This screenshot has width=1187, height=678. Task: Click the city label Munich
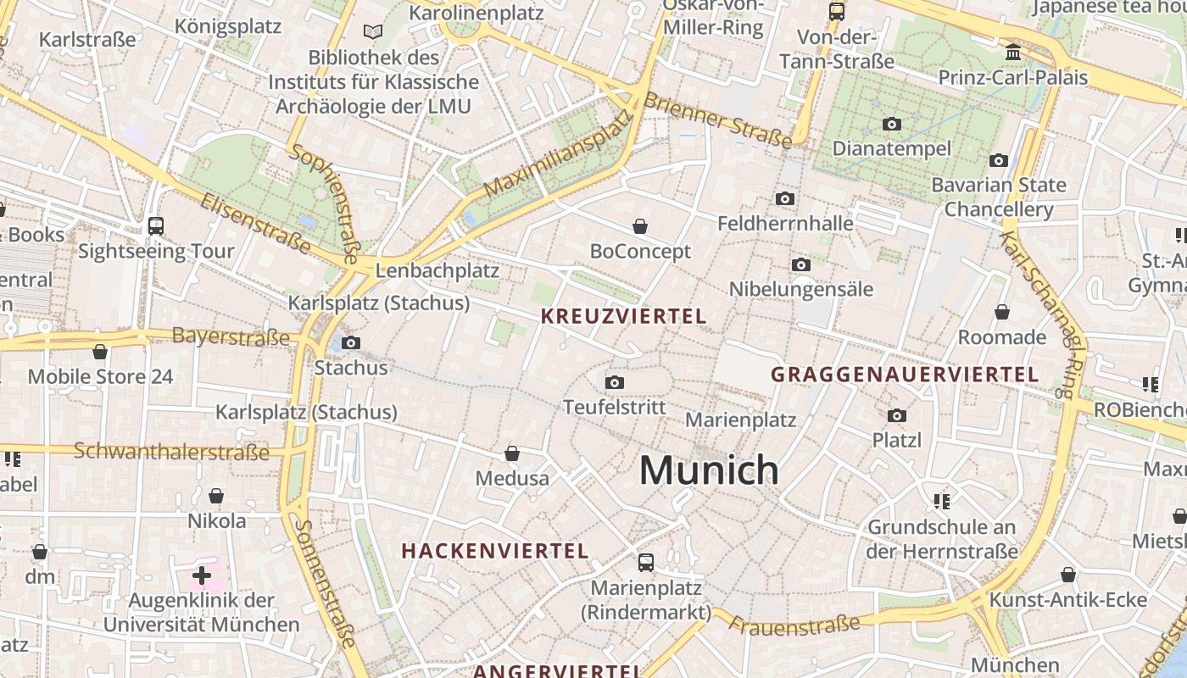(709, 470)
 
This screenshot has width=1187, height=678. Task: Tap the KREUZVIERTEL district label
(623, 317)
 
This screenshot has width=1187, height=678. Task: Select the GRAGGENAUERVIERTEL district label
(905, 375)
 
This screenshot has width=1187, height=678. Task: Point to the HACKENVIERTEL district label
(495, 551)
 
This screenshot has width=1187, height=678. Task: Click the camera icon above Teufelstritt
(616, 382)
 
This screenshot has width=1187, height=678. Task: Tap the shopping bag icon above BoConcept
(640, 226)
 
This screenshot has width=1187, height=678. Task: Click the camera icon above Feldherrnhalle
(785, 198)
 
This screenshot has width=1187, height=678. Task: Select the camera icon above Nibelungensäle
(801, 264)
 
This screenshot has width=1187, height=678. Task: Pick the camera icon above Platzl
(897, 415)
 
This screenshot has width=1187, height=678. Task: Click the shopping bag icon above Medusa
(512, 453)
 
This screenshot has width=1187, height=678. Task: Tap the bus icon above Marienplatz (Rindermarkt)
(646, 562)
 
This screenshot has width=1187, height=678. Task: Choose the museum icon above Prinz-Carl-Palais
(1012, 53)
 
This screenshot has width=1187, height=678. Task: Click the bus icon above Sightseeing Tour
(156, 225)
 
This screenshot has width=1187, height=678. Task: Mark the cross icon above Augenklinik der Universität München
(202, 575)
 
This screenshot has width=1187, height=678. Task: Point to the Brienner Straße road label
(717, 118)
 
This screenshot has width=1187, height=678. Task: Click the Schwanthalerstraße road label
(171, 451)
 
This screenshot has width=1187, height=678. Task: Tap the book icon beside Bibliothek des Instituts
(372, 32)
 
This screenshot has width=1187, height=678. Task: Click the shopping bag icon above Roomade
(1002, 312)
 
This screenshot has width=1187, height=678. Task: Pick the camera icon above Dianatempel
(891, 124)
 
